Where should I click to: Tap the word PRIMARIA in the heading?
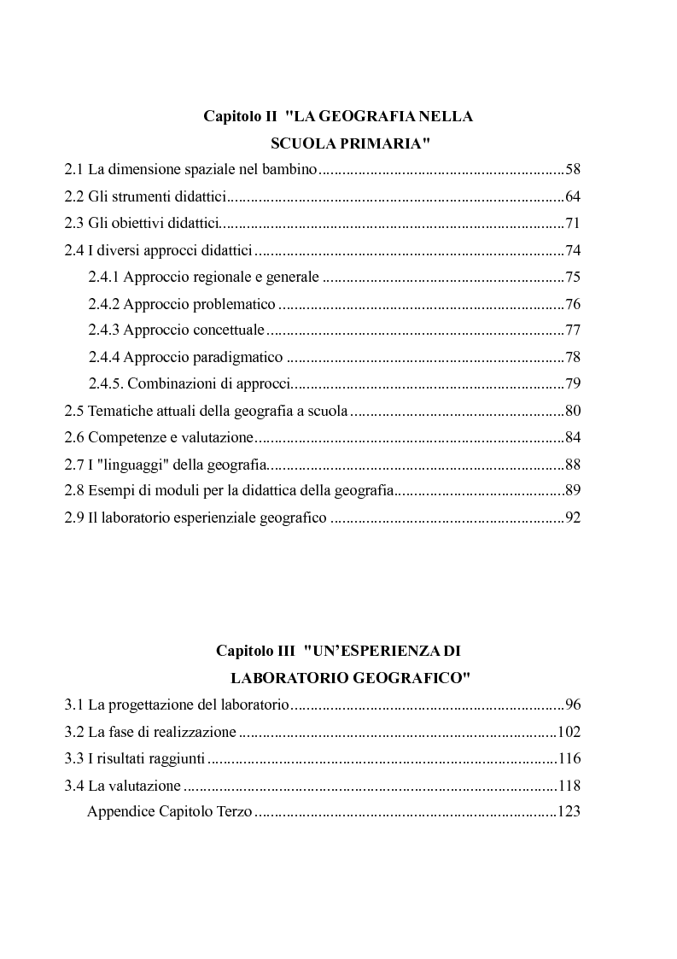[x=388, y=144]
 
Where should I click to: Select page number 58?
[x=572, y=171]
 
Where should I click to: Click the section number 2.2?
[x=74, y=197]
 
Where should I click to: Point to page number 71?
[x=572, y=224]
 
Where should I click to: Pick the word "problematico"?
[x=234, y=304]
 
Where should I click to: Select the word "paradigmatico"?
[x=241, y=357]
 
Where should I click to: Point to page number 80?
[x=572, y=411]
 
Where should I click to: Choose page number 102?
[x=569, y=732]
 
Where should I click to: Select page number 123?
[x=569, y=811]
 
